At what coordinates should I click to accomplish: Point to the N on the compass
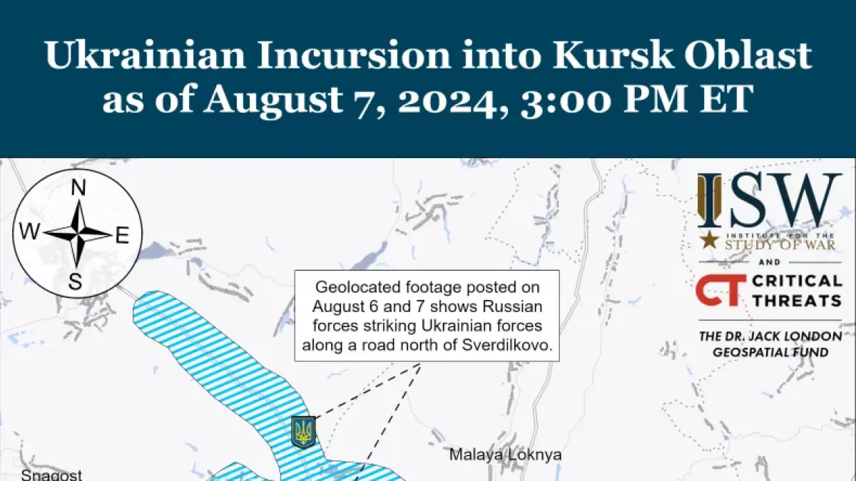[78, 188]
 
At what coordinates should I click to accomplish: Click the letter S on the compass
[75, 282]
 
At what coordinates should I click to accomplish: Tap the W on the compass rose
[30, 232]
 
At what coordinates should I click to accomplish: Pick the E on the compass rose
[122, 236]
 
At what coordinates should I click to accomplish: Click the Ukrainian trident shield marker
[304, 432]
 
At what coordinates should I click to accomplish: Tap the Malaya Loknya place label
[505, 455]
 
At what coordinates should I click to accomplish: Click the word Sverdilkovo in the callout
[519, 346]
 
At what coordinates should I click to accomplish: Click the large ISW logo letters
[770, 201]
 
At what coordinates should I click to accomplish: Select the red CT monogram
[718, 289]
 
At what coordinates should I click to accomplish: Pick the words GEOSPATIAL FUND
[770, 352]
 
